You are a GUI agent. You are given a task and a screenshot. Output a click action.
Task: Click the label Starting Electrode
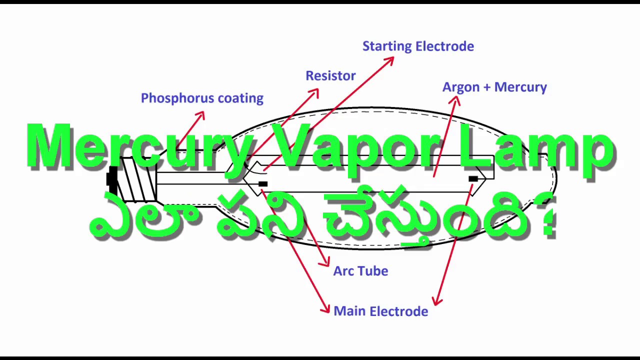[x=418, y=46]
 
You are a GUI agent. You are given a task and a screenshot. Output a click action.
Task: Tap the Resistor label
[x=330, y=76]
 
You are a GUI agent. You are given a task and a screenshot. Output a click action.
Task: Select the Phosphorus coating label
[x=202, y=98]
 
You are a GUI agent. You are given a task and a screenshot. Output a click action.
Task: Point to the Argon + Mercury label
[x=494, y=87]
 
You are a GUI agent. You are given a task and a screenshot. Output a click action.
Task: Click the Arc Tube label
[x=360, y=271]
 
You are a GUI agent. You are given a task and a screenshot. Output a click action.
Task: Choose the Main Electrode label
[x=380, y=311]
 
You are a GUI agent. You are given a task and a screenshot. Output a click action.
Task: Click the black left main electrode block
[x=263, y=184]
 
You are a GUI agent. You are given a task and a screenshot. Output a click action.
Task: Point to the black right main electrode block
[x=473, y=178]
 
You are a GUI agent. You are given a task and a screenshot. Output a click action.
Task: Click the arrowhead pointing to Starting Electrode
[x=389, y=60]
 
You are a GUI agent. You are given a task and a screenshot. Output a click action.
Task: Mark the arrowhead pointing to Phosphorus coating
[x=200, y=115]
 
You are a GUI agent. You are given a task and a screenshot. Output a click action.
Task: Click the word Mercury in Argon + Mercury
[x=523, y=87]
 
